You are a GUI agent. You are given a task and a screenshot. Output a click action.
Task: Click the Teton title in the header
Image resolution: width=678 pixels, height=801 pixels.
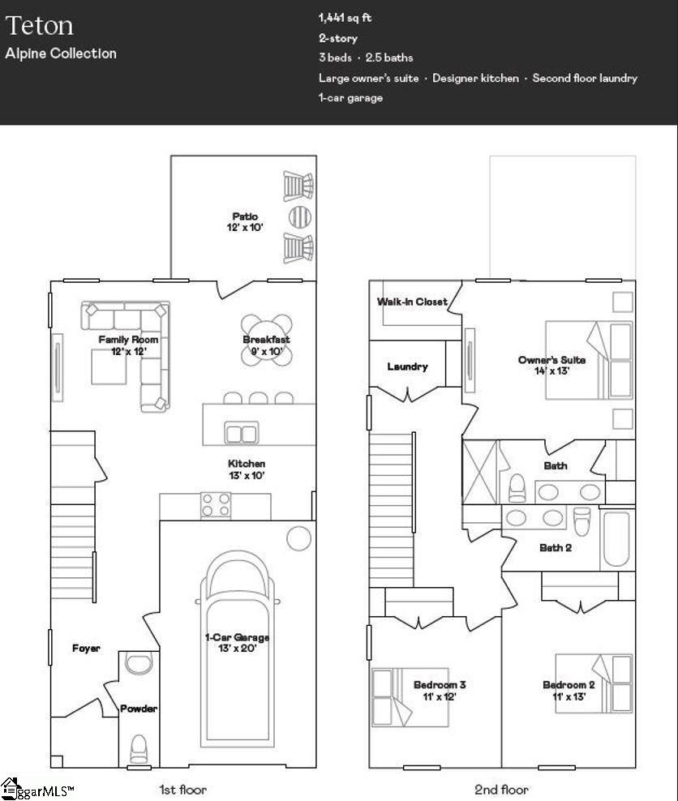pos(40,25)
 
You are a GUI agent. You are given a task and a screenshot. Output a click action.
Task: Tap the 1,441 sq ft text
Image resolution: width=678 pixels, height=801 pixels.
pos(345,18)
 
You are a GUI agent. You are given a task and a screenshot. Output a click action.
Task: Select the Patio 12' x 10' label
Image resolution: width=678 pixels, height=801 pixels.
pos(245,222)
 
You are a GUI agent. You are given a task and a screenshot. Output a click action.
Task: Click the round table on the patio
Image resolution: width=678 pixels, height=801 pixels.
pos(299,216)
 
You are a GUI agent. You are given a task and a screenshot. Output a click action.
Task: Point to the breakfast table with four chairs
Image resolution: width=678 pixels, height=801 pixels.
pos(267,340)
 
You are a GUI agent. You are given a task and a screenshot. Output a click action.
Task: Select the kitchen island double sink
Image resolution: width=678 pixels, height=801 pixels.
pos(241,434)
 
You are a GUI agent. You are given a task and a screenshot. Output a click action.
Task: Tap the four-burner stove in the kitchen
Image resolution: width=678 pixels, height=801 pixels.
pos(217,505)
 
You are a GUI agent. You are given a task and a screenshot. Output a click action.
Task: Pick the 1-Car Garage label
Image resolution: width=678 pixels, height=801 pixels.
pos(237,643)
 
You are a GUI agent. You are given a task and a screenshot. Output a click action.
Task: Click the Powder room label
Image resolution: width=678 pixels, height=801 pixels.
pos(139,709)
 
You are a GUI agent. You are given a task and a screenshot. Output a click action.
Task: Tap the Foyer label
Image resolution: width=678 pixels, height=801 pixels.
pos(86,648)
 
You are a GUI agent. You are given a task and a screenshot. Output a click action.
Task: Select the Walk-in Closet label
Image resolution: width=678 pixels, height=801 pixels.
pos(412,302)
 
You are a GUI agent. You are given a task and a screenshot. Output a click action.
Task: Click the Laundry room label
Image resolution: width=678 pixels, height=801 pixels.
pos(407,366)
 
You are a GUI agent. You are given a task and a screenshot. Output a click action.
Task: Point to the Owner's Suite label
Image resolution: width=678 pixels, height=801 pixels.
pos(551,365)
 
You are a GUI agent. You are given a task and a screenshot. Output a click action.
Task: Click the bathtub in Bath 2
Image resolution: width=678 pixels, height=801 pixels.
pos(617,540)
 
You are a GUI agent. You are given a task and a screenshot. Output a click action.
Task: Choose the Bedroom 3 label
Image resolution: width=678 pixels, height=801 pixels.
pos(440,690)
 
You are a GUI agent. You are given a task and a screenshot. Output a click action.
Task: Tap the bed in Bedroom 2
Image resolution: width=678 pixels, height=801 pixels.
pos(594,683)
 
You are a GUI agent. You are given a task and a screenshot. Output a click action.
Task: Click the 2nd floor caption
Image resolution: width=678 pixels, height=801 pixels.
pos(501,789)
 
